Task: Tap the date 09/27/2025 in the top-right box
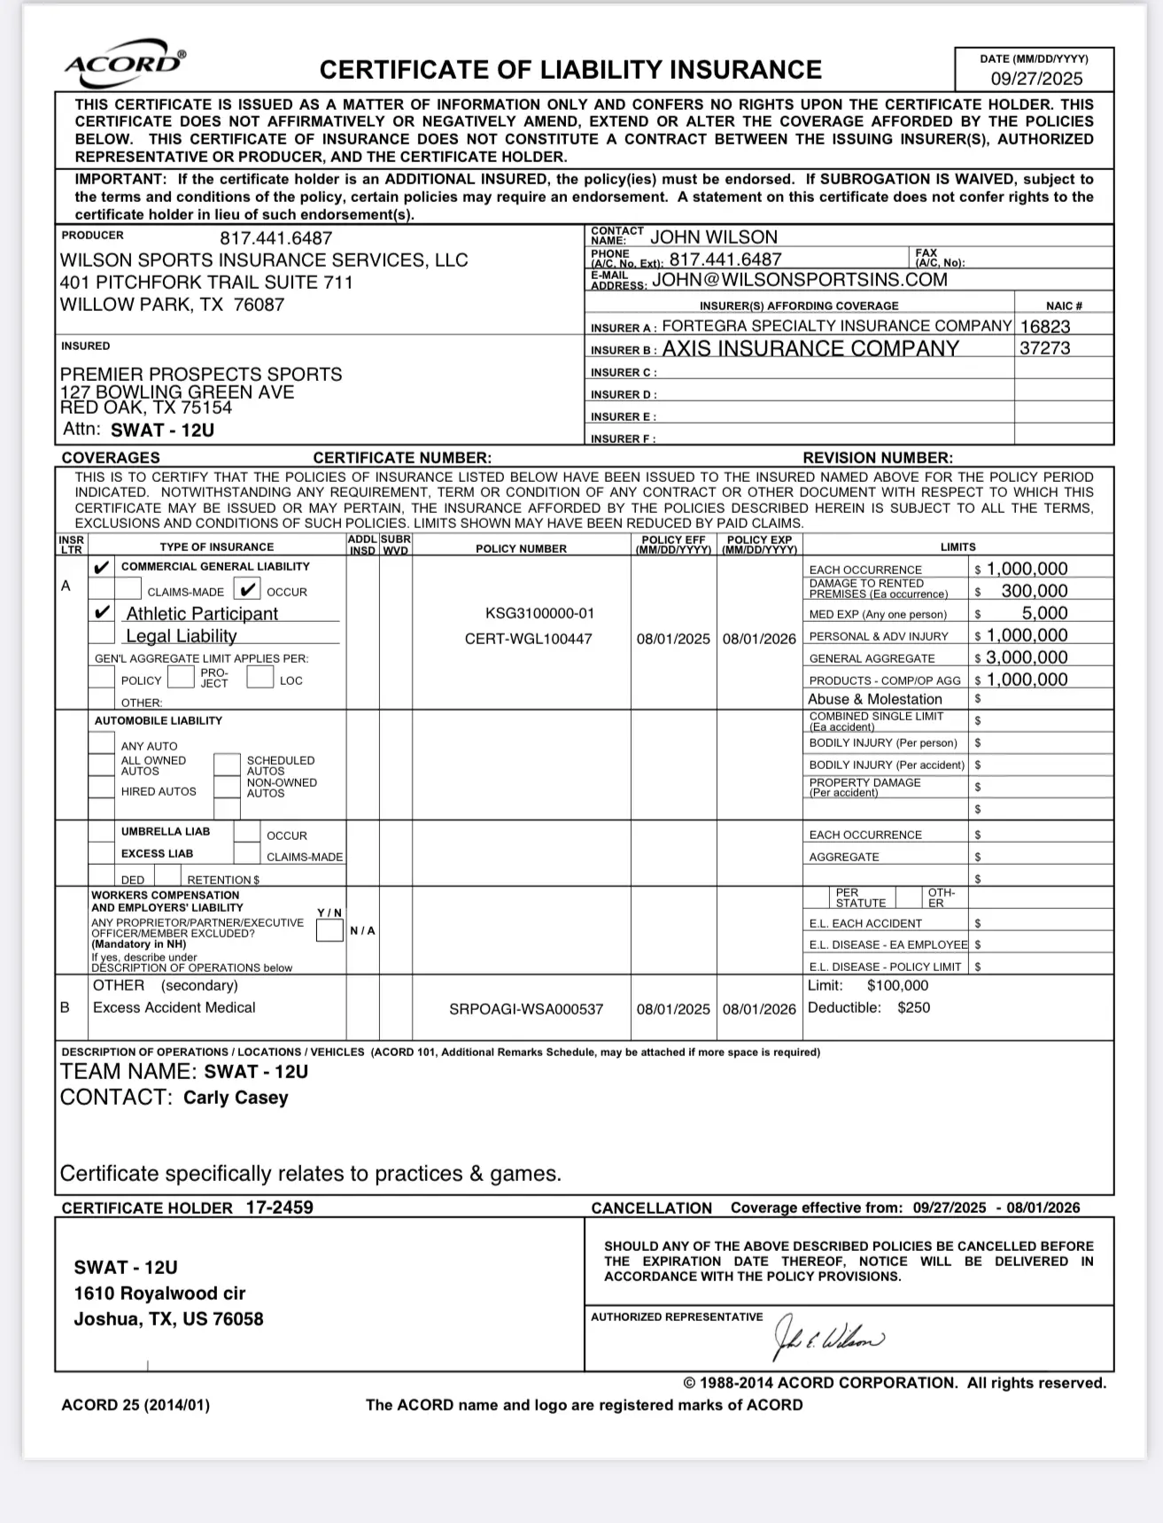[x=1035, y=78]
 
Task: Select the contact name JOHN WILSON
[x=713, y=237]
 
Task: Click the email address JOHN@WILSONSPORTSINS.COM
[x=799, y=280]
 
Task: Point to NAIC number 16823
[x=1045, y=326]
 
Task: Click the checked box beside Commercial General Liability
[x=103, y=567]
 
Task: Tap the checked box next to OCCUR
[x=248, y=590]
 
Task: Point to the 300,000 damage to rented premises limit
[x=1034, y=591]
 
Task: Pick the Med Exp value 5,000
[x=1044, y=613]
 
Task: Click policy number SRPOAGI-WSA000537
[x=526, y=1009]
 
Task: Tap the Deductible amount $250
[x=913, y=1008]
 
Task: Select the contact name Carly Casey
[x=236, y=1098]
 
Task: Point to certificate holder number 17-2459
[x=279, y=1207]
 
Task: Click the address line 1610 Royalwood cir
[x=159, y=1294]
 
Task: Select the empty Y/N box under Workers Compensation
[x=330, y=931]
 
